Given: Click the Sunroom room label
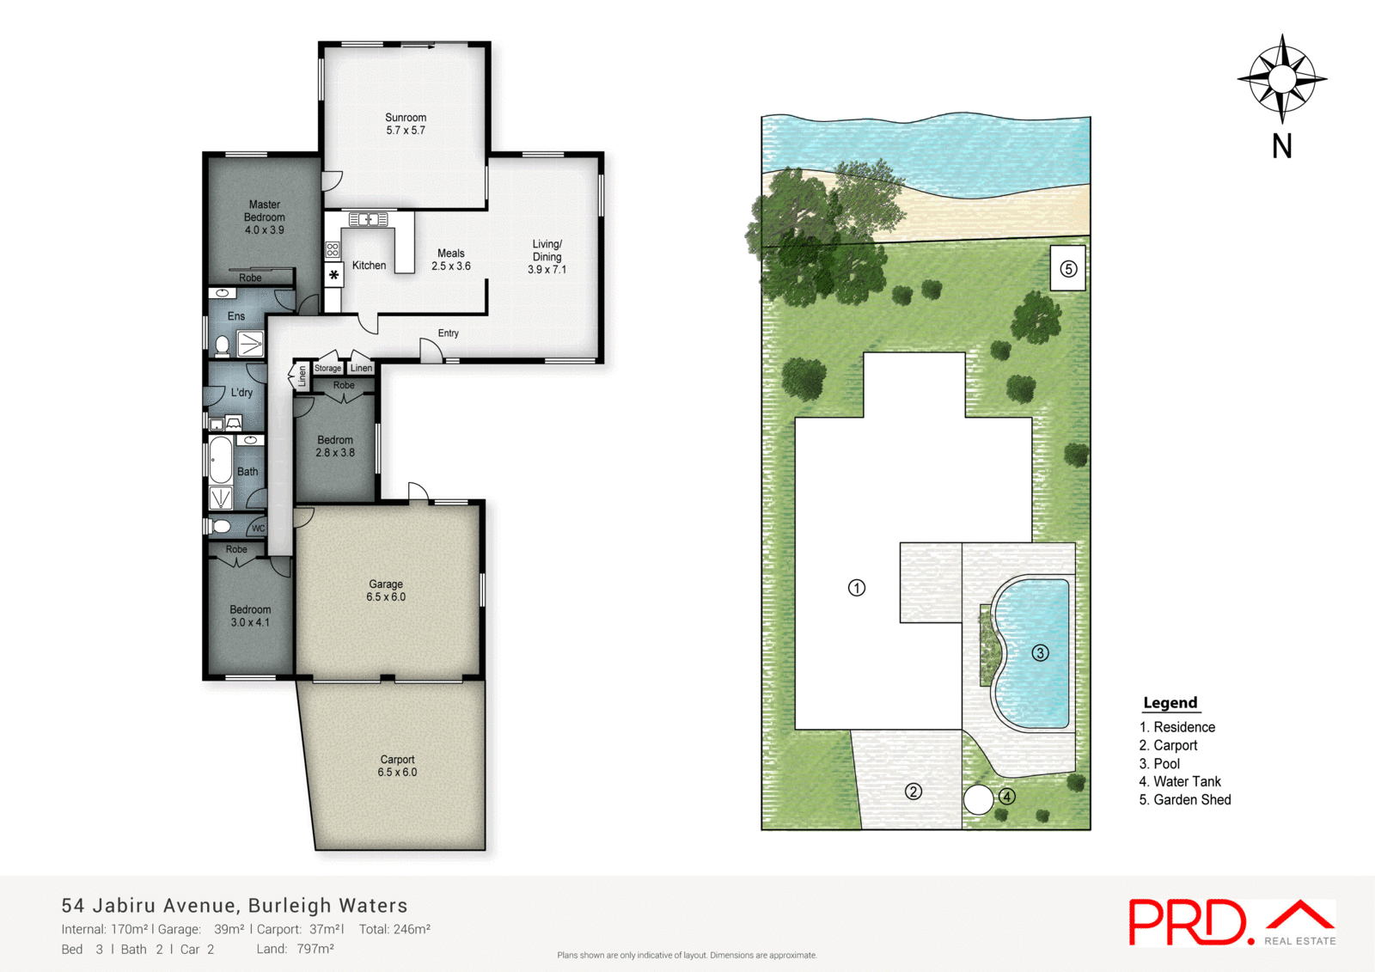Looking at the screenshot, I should pyautogui.click(x=406, y=124).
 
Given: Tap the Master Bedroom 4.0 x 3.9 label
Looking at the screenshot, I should pyautogui.click(x=265, y=217).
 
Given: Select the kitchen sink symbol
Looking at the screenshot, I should pyautogui.click(x=368, y=220).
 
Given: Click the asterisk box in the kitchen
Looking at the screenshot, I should pyautogui.click(x=333, y=275).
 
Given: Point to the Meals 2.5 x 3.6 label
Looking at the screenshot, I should pyautogui.click(x=451, y=260).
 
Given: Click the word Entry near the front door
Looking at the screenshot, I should pyautogui.click(x=448, y=333).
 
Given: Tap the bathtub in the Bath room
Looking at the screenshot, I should pyautogui.click(x=221, y=461).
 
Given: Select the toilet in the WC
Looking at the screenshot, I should pyautogui.click(x=222, y=526).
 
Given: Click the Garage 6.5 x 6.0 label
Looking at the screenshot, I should pyautogui.click(x=386, y=590).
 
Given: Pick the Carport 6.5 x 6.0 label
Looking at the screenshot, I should pyautogui.click(x=397, y=766).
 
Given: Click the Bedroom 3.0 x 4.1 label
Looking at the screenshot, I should pyautogui.click(x=250, y=616).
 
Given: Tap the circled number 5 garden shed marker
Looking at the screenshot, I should pyautogui.click(x=1068, y=269).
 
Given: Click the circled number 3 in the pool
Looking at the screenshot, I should pyautogui.click(x=1040, y=653).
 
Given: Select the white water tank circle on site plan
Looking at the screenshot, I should pyautogui.click(x=978, y=799).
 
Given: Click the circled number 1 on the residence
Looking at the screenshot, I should pyautogui.click(x=857, y=588).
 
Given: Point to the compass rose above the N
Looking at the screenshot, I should pyautogui.click(x=1281, y=79).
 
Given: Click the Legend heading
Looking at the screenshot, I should pyautogui.click(x=1170, y=703).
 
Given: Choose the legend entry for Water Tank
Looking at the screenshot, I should pyautogui.click(x=1179, y=781).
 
